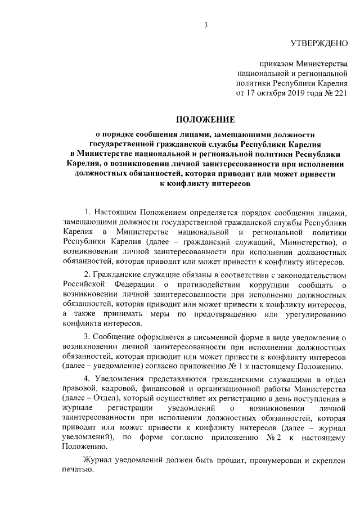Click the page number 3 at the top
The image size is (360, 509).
tap(206, 25)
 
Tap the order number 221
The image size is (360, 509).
tap(340, 93)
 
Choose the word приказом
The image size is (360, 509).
tap(277, 64)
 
